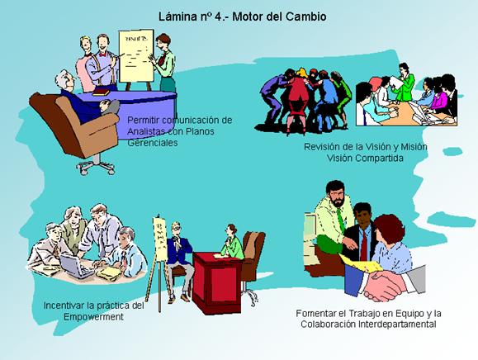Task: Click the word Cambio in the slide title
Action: click(305, 17)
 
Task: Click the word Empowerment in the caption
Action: click(93, 317)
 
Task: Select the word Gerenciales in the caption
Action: click(153, 143)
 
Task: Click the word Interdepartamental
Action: click(397, 324)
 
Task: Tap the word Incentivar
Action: click(64, 306)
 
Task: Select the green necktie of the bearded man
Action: click(340, 220)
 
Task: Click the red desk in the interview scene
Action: click(215, 282)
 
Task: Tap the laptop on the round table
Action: click(75, 266)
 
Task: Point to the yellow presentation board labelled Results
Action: click(136, 56)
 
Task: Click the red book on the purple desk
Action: click(101, 92)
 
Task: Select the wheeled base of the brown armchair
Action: click(97, 167)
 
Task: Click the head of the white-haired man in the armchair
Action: click(65, 80)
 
